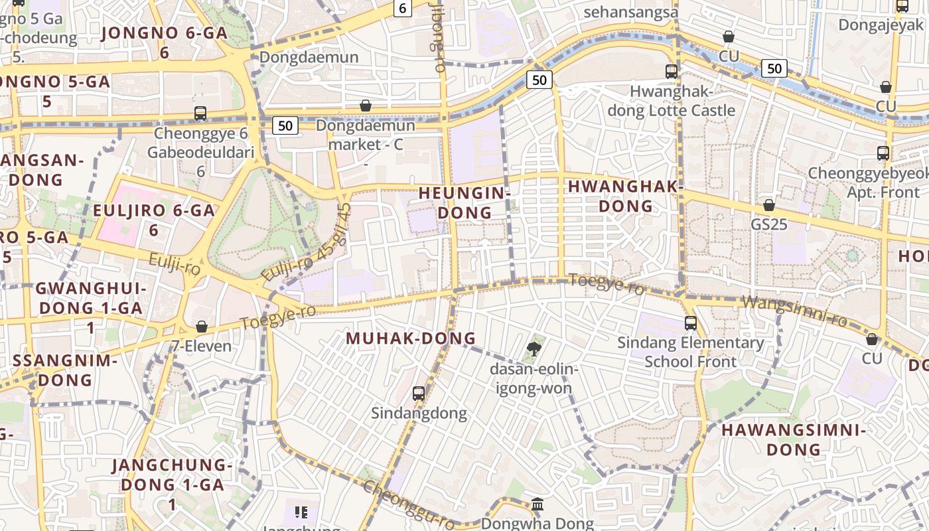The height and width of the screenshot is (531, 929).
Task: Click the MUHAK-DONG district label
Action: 411,338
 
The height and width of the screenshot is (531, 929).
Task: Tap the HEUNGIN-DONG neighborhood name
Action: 464,202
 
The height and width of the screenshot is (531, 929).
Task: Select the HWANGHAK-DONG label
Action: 626,196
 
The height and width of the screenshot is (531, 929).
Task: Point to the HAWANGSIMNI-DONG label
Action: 794,439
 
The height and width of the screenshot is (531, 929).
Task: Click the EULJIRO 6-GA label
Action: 154,220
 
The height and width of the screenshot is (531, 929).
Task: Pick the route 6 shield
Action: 403,8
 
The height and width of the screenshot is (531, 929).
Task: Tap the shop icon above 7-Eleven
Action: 202,327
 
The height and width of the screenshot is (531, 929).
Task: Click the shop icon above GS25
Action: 769,205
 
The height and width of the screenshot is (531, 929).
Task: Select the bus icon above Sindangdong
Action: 418,393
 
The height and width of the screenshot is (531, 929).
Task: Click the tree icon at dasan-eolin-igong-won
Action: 534,348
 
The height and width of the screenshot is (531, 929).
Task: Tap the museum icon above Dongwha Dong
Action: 537,504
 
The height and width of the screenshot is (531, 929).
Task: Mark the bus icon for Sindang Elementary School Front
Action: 691,323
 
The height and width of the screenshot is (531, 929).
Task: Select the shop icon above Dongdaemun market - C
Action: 365,106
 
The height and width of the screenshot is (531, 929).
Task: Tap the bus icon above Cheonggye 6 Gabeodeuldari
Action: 200,114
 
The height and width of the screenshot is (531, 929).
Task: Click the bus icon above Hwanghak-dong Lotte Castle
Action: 672,71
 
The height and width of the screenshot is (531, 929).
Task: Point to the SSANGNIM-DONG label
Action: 65,370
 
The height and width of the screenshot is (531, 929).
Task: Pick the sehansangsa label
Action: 631,12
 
